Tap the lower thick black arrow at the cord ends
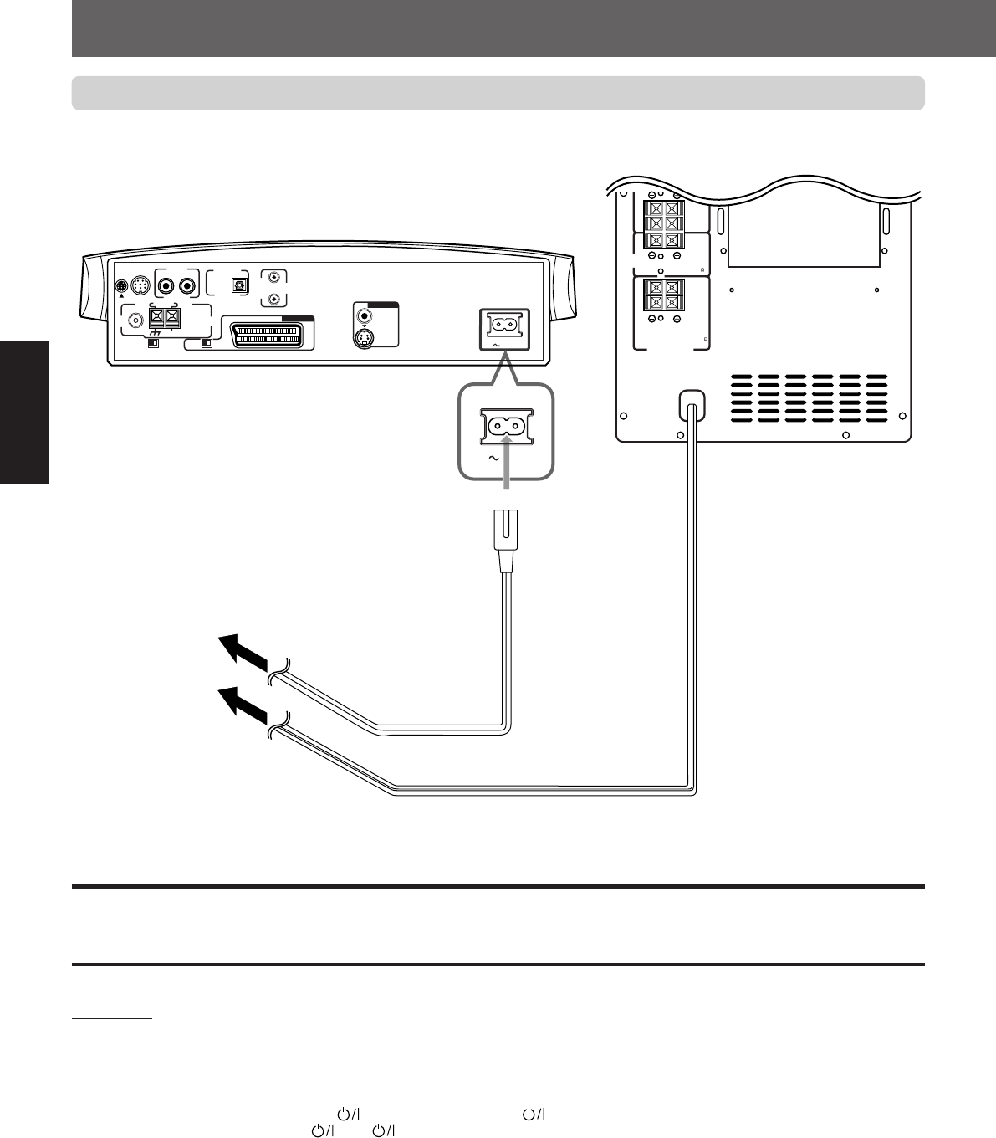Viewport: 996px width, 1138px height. [243, 705]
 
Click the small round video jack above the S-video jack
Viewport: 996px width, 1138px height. [364, 316]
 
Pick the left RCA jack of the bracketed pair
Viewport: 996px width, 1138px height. [166, 284]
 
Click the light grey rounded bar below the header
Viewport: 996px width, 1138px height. [498, 93]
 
